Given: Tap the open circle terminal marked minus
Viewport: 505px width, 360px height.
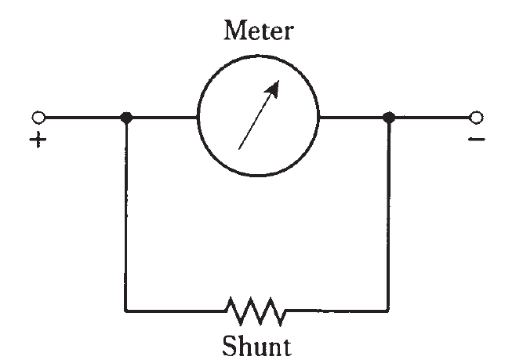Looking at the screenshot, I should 474,118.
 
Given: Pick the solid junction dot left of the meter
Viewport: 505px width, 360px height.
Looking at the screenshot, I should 126,118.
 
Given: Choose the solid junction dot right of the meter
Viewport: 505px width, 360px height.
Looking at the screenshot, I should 387,118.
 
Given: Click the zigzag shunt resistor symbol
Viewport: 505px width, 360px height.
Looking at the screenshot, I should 256,311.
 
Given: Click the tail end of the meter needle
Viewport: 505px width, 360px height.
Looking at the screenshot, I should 238,148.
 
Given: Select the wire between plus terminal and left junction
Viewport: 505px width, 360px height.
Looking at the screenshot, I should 82,118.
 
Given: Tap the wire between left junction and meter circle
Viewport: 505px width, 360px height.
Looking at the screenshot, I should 162,118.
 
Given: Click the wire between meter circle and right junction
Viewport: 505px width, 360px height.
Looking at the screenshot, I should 353,118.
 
